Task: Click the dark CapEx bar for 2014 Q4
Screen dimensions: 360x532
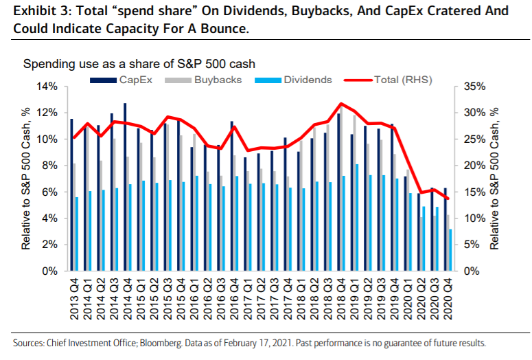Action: click(125, 187)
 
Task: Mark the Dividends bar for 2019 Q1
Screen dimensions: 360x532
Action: click(357, 218)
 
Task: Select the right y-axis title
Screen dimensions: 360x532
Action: click(496, 179)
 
